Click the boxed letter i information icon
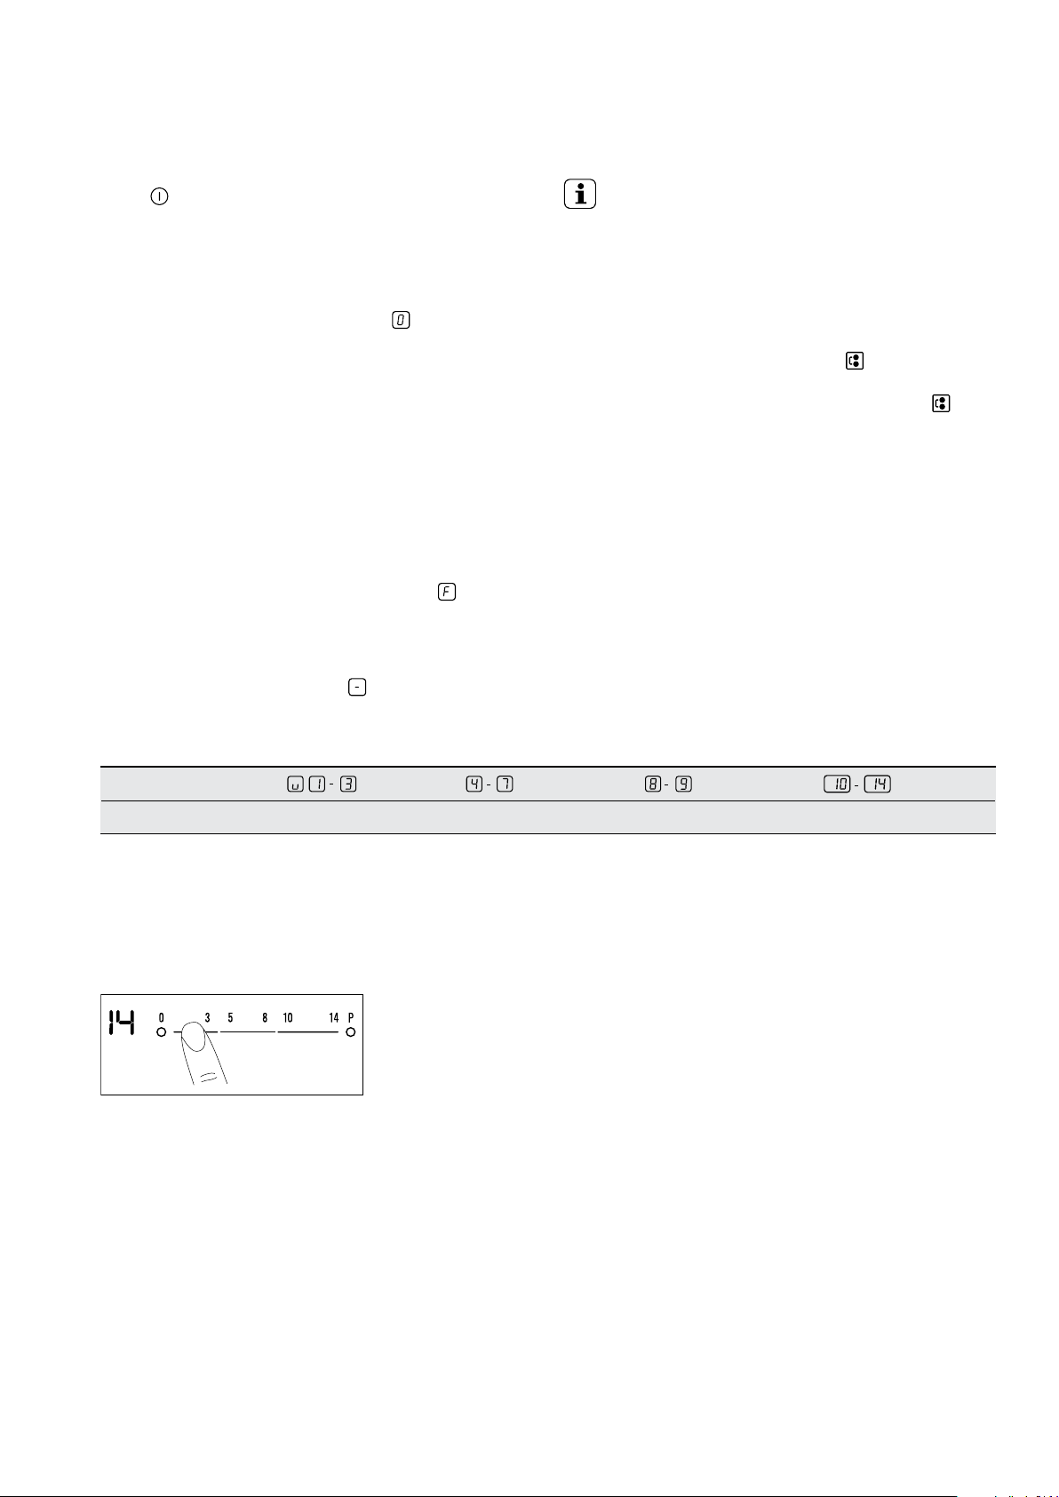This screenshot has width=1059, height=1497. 580,195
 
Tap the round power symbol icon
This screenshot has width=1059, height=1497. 159,196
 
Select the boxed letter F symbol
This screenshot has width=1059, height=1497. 446,592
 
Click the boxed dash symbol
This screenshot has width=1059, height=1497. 357,687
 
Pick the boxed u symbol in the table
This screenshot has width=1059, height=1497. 295,784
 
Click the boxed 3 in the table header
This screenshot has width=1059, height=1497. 348,784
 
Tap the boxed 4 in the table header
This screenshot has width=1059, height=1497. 474,784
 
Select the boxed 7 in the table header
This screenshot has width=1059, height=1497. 506,784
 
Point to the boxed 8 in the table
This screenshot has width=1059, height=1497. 653,784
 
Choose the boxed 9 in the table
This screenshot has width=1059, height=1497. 683,784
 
